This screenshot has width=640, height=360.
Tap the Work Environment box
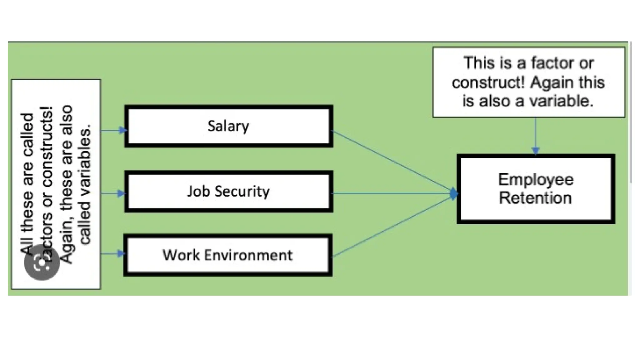pos(228,255)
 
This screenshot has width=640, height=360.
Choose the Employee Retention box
pos(536,189)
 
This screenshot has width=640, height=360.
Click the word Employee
pos(536,180)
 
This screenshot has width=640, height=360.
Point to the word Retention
pos(536,198)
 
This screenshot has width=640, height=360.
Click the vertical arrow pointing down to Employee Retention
pos(536,136)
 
